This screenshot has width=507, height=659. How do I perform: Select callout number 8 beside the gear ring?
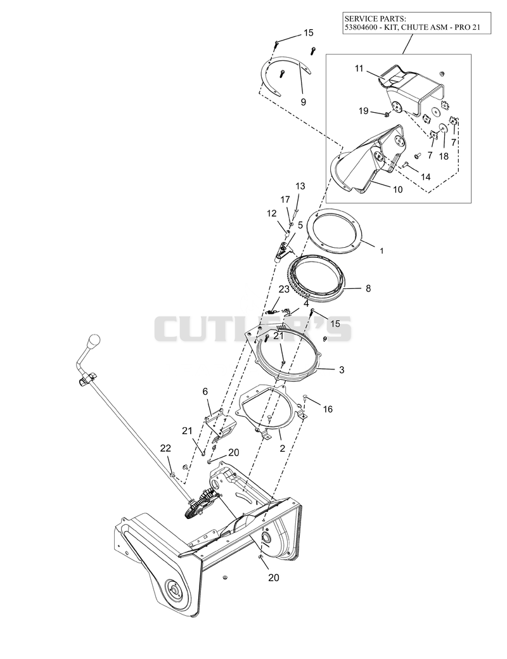point(368,289)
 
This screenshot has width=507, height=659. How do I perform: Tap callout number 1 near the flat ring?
point(382,251)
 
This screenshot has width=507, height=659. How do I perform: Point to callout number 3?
point(342,370)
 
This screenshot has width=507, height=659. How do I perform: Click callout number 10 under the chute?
point(397,189)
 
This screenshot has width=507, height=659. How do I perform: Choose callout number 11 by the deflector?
point(359,68)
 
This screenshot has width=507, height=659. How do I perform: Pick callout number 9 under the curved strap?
point(303,102)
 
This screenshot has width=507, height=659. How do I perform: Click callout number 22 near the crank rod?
point(166,449)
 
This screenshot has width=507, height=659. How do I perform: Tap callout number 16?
point(328,409)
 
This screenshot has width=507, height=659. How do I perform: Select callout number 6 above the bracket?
point(205,392)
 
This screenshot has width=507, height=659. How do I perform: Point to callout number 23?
point(284,289)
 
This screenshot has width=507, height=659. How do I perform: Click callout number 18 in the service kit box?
point(444,157)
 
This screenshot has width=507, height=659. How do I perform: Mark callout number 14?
point(425,177)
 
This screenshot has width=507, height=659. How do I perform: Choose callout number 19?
point(364,111)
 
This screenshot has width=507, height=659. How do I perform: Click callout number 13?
point(300,186)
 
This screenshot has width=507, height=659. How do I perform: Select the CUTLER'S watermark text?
point(253,329)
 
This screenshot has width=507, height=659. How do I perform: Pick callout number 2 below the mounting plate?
point(282,449)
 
